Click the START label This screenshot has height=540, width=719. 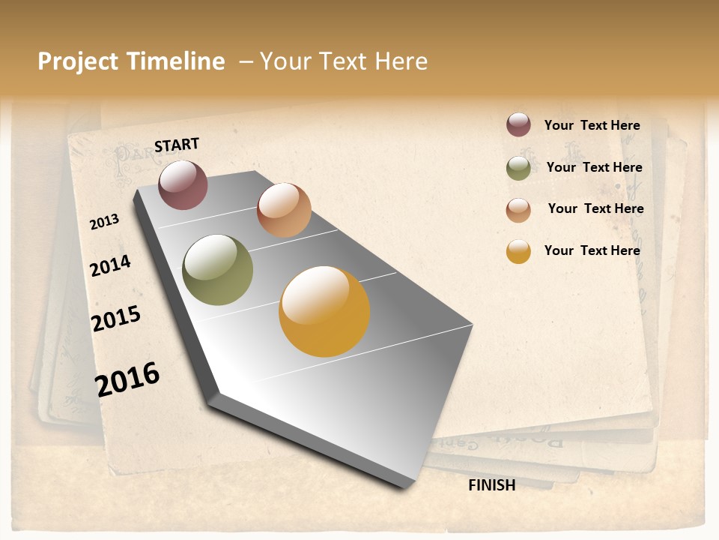[x=177, y=144]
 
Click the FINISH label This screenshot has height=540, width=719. [x=491, y=485]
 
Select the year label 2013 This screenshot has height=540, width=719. [x=105, y=221]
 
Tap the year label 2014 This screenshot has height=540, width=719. [x=110, y=265]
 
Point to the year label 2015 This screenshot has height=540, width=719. [x=116, y=319]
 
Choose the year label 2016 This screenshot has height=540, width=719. [x=127, y=379]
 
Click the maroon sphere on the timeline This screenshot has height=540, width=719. [x=183, y=184]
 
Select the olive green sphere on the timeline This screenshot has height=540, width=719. [x=217, y=270]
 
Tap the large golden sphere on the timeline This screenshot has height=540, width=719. [x=324, y=311]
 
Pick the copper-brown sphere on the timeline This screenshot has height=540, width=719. [x=284, y=210]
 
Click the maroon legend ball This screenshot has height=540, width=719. [x=518, y=124]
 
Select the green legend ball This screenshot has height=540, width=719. [x=518, y=168]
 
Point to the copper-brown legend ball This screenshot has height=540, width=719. [x=518, y=210]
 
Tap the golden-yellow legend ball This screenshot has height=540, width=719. [x=518, y=251]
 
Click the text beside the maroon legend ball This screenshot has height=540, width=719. [x=592, y=125]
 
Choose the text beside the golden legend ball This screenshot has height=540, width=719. [x=592, y=250]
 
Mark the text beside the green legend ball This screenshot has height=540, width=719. [x=594, y=167]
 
